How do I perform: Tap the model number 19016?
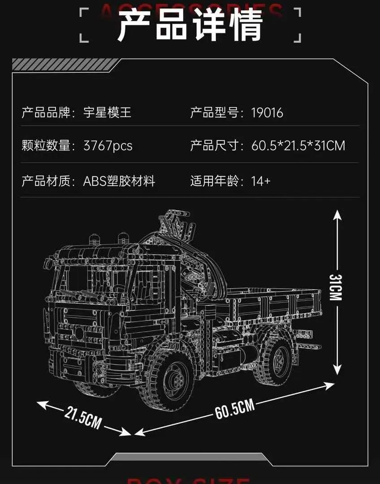267,112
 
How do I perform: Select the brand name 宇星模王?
108,112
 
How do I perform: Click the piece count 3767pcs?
108,146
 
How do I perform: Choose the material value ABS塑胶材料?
119,181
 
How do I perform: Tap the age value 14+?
261,181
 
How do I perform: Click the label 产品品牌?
46,112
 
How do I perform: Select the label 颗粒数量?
46,146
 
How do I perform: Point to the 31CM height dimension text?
337,287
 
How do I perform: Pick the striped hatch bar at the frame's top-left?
65,64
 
